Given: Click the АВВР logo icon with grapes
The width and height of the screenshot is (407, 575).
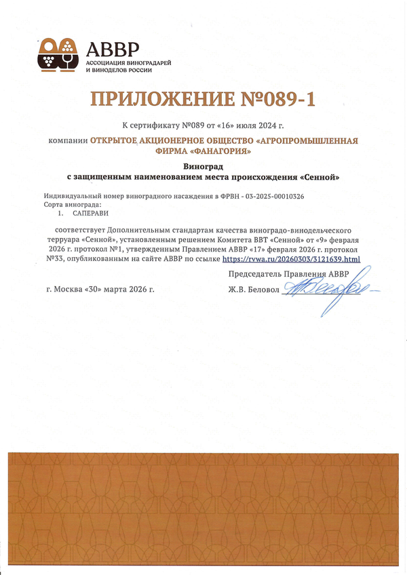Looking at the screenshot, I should [59, 55].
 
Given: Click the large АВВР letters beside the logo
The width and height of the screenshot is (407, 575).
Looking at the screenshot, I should [113, 48].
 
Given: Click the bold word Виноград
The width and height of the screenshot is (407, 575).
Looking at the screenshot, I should [203, 165].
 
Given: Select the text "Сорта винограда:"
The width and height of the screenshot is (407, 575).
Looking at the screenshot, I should [73, 204].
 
